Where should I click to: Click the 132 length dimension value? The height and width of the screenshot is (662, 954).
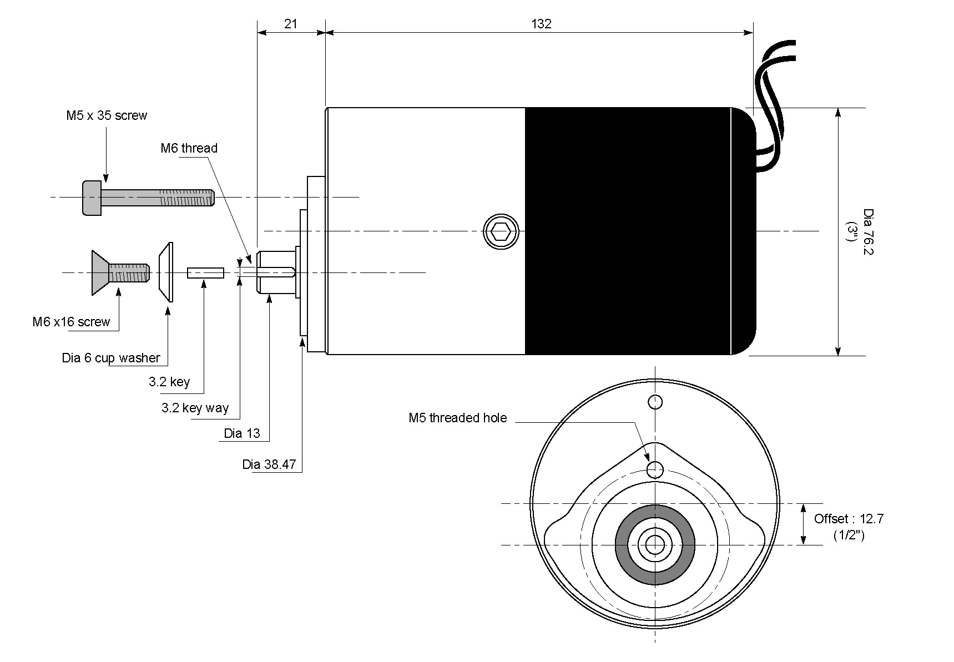click(541, 24)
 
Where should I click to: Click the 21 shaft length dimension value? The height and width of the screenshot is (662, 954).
click(290, 24)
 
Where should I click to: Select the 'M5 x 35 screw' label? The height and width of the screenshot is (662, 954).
click(107, 115)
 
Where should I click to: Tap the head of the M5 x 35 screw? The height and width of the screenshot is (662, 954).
click(92, 198)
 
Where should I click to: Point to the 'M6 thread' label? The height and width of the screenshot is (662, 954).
click(189, 148)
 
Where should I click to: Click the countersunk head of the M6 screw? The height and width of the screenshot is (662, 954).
click(100, 272)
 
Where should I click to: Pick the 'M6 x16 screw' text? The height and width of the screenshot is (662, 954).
click(71, 322)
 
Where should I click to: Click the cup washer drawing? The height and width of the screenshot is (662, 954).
click(166, 272)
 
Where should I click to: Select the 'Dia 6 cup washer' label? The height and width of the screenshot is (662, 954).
click(111, 358)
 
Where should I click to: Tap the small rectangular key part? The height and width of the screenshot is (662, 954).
click(205, 272)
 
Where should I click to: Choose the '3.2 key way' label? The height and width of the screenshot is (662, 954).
click(195, 408)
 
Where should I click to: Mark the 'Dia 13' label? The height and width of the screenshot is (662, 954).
click(242, 433)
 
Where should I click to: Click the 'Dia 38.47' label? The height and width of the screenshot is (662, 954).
click(269, 464)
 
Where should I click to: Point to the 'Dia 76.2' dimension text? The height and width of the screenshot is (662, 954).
click(868, 231)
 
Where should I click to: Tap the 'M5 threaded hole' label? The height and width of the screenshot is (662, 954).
click(457, 418)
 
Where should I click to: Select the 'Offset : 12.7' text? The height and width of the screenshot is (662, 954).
click(849, 519)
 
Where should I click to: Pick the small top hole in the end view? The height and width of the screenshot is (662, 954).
click(655, 401)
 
